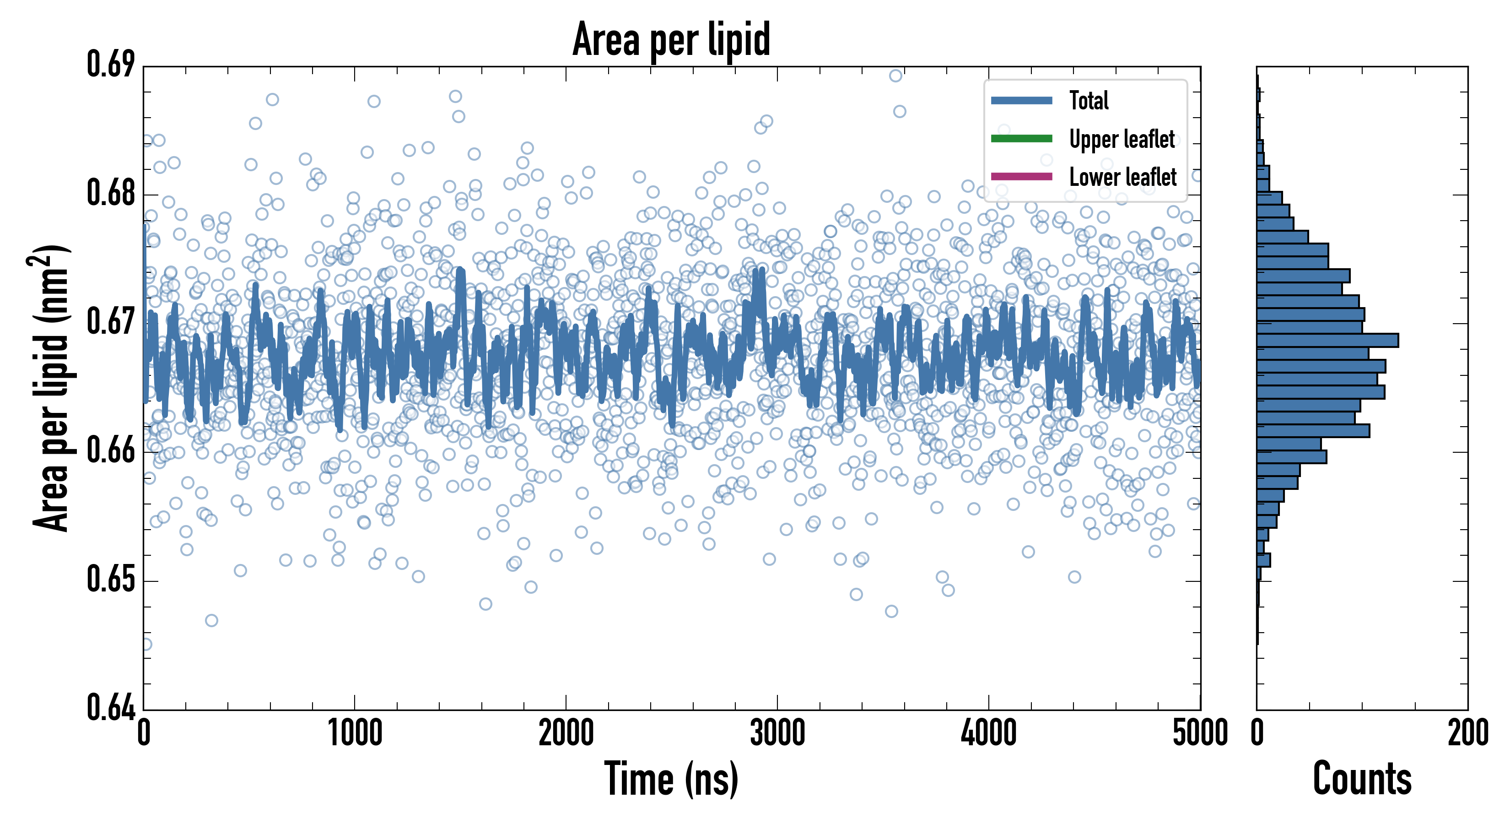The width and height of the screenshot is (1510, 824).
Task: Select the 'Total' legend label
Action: [x=1089, y=100]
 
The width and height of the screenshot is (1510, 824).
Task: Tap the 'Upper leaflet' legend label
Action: [x=1122, y=139]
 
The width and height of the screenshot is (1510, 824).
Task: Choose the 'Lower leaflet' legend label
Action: [x=1122, y=177]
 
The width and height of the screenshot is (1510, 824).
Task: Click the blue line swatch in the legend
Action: [x=1021, y=100]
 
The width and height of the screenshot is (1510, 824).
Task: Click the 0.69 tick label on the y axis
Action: [x=111, y=64]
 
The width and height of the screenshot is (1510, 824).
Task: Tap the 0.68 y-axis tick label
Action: [x=111, y=193]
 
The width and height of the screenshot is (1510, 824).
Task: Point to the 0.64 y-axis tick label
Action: [x=111, y=707]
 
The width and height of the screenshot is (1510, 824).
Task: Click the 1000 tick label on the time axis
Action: [x=355, y=733]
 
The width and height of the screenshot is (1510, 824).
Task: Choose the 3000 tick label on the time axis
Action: [x=777, y=733]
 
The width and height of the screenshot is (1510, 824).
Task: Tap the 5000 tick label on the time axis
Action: [x=1200, y=733]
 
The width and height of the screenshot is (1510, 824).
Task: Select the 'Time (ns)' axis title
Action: [x=671, y=779]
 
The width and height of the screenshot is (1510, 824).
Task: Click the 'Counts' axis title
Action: [x=1362, y=779]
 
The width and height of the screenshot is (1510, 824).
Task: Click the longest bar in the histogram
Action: [x=1327, y=340]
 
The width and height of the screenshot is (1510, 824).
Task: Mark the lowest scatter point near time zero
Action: [x=146, y=645]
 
